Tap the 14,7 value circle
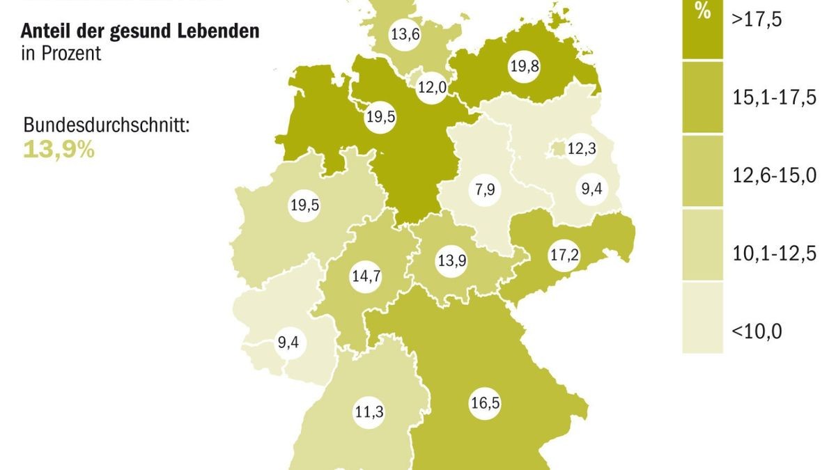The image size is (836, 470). coord(366,276)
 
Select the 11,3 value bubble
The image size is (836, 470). coord(369,412)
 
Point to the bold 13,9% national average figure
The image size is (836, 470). coord(59,148)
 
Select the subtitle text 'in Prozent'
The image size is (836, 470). coord(61,53)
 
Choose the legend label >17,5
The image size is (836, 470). coord(757,19)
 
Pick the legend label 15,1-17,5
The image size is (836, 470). coord(773,97)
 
